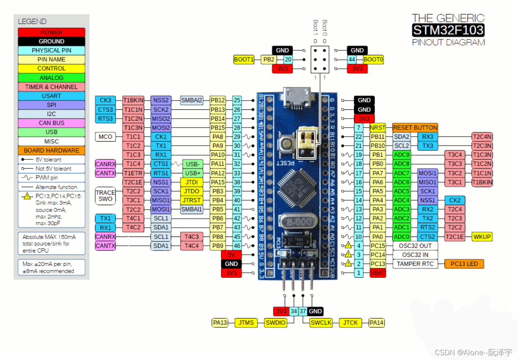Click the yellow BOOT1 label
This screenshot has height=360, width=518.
click(244, 60)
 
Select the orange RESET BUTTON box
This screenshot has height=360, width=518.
click(415, 128)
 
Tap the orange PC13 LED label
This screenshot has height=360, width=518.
click(464, 264)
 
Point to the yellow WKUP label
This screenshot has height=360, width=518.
click(482, 237)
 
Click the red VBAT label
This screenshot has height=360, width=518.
click(377, 273)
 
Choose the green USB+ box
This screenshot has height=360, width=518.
click(193, 173)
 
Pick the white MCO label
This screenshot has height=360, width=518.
click(105, 137)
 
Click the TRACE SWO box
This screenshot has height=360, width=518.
click(105, 195)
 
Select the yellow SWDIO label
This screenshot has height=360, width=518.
click(275, 323)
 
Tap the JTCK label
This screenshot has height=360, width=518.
click(350, 323)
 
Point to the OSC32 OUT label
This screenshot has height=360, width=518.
click(415, 246)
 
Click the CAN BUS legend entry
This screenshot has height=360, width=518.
click(51, 123)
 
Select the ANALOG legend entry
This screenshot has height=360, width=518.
click(51, 78)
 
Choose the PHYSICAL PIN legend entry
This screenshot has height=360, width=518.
click(51, 50)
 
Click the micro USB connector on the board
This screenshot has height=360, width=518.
click(298, 99)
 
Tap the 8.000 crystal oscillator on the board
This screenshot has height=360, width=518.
click(298, 222)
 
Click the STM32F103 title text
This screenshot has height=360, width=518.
click(448, 30)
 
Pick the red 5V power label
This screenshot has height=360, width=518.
click(231, 255)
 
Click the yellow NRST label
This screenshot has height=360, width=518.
click(377, 128)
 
